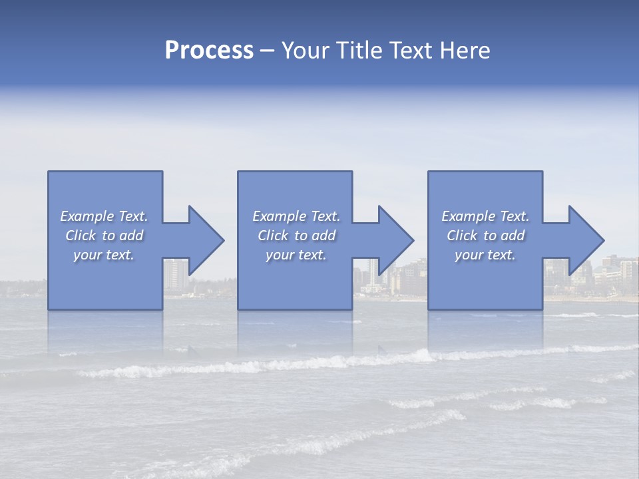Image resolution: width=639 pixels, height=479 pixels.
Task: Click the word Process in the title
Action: click(209, 51)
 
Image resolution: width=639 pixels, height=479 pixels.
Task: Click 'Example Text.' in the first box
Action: click(104, 216)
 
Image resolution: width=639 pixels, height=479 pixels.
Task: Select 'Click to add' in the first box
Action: click(104, 236)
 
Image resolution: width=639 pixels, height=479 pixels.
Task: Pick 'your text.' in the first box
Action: click(104, 255)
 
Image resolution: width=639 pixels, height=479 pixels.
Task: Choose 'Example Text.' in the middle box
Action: click(296, 216)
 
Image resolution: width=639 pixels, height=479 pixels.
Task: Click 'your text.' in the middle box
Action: click(296, 255)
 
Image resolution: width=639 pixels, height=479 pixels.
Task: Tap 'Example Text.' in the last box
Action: click(485, 216)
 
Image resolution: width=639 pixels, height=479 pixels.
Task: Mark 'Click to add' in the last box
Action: click(485, 236)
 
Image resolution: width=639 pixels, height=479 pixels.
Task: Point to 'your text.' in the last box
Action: click(485, 255)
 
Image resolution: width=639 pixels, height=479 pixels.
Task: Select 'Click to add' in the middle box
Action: click(296, 236)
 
